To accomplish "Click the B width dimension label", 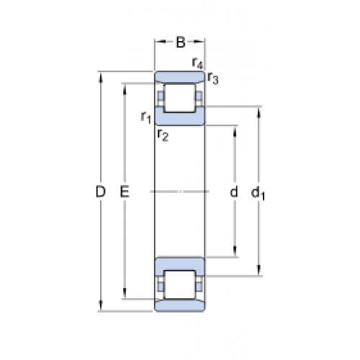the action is click(x=181, y=42).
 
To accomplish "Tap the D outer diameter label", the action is click(x=101, y=192).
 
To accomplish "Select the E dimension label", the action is click(x=125, y=192).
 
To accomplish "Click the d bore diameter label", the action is click(x=234, y=192).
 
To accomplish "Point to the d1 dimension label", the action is click(x=258, y=193).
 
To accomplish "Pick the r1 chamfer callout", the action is click(x=146, y=117).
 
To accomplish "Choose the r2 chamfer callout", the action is click(x=163, y=135).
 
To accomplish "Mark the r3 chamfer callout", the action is click(x=213, y=78).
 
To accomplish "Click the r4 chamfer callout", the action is click(x=197, y=63).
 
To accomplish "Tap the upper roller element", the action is click(x=179, y=98).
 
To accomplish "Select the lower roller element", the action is click(x=179, y=285).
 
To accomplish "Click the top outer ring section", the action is click(x=179, y=77).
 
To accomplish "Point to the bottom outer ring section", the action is click(x=179, y=305).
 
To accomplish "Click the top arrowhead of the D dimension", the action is click(x=101, y=77).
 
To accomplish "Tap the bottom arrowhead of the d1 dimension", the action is click(x=258, y=271).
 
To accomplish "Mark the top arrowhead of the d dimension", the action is click(x=235, y=131).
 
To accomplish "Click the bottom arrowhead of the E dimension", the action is click(x=125, y=294).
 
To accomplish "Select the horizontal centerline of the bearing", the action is click(x=179, y=192).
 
